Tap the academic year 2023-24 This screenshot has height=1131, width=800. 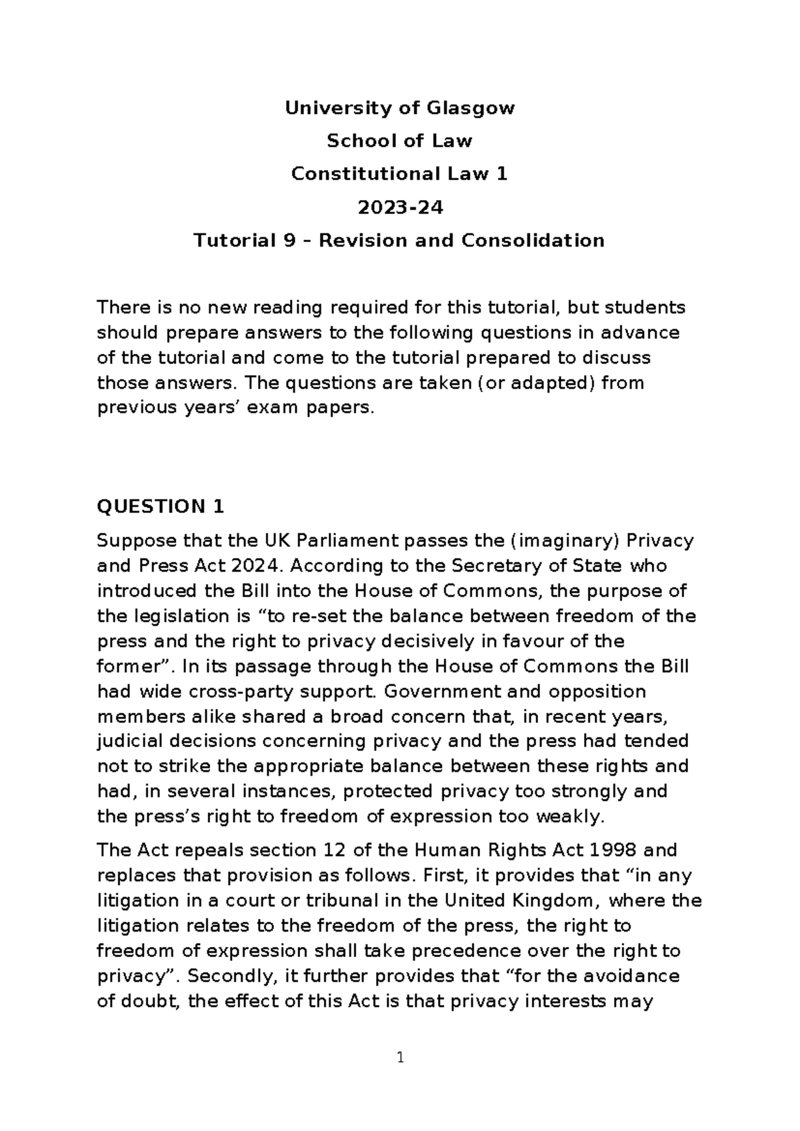click(400, 207)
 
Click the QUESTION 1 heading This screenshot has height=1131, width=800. click(161, 507)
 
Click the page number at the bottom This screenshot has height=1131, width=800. click(400, 1058)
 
